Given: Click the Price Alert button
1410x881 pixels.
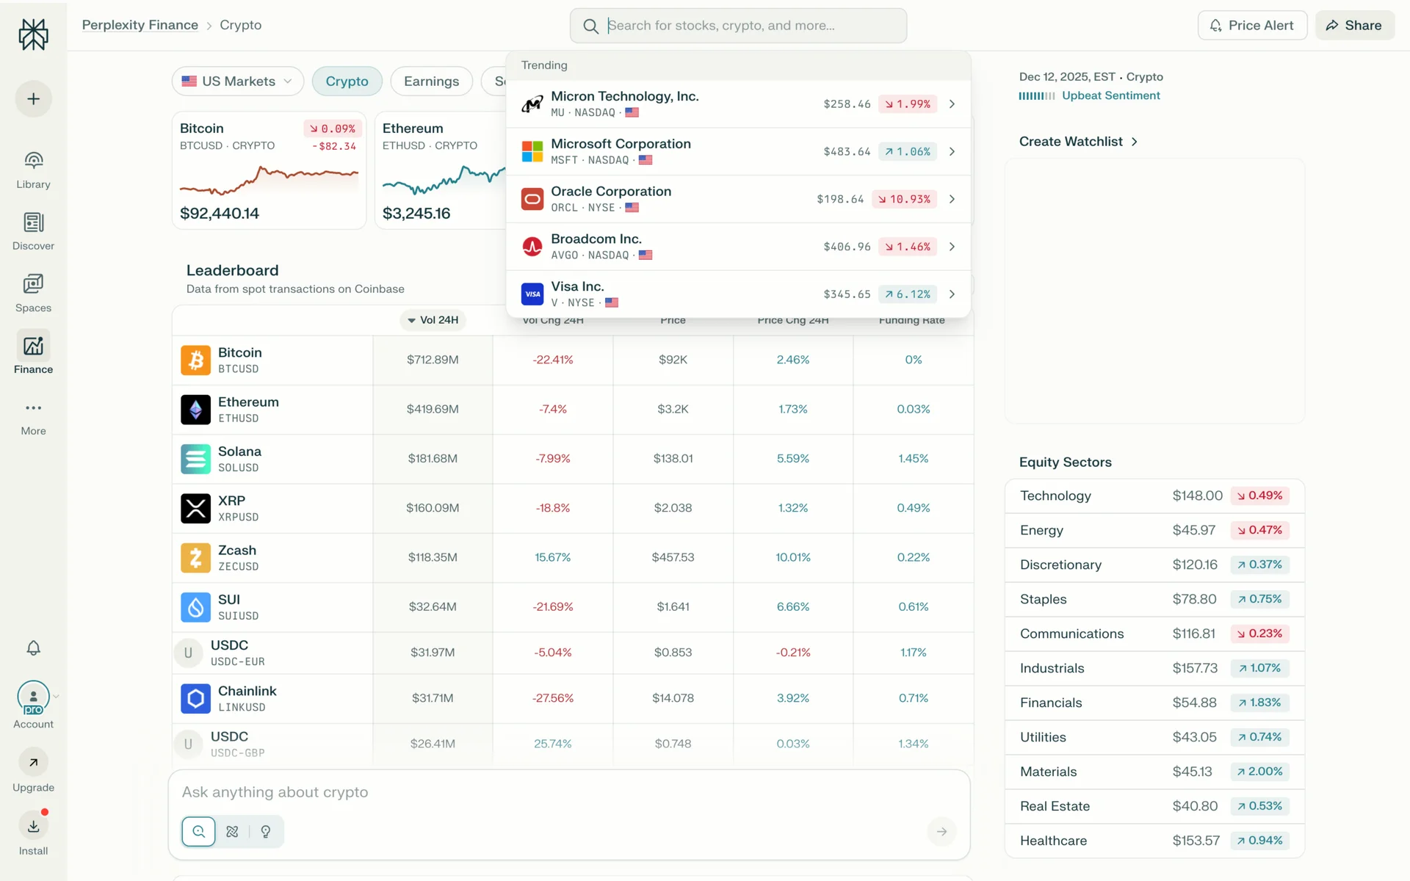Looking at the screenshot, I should pyautogui.click(x=1252, y=25).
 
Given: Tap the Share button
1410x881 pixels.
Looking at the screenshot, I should pyautogui.click(x=1354, y=25).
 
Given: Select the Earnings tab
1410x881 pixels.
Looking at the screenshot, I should pyautogui.click(x=431, y=81).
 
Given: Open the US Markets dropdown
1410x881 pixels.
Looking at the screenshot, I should pyautogui.click(x=237, y=81).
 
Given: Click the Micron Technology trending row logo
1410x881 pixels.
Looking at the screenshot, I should pyautogui.click(x=532, y=104).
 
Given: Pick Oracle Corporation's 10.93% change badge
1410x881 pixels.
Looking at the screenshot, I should pyautogui.click(x=904, y=199).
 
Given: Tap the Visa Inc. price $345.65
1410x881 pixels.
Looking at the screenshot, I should pyautogui.click(x=847, y=294).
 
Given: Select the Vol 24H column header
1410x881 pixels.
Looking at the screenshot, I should pyautogui.click(x=433, y=320).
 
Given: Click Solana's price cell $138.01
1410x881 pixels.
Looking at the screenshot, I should pyautogui.click(x=673, y=458).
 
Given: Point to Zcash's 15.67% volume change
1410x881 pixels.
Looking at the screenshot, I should pyautogui.click(x=552, y=557).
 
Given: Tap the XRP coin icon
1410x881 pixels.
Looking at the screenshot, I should pyautogui.click(x=195, y=508).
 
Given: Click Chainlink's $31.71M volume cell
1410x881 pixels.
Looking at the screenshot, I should pyautogui.click(x=433, y=698).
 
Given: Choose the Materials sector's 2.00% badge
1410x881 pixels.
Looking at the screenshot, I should pyautogui.click(x=1259, y=772).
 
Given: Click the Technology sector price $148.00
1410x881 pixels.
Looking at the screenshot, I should pyautogui.click(x=1197, y=496).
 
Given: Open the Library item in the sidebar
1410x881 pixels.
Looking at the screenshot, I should pyautogui.click(x=33, y=170).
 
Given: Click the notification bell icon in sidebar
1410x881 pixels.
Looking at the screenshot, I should pyautogui.click(x=33, y=648).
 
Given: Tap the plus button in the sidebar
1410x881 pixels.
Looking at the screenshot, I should pyautogui.click(x=33, y=99).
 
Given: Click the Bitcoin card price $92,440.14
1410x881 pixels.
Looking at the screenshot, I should pyautogui.click(x=220, y=214).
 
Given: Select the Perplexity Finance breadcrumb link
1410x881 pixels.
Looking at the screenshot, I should pyautogui.click(x=140, y=25).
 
